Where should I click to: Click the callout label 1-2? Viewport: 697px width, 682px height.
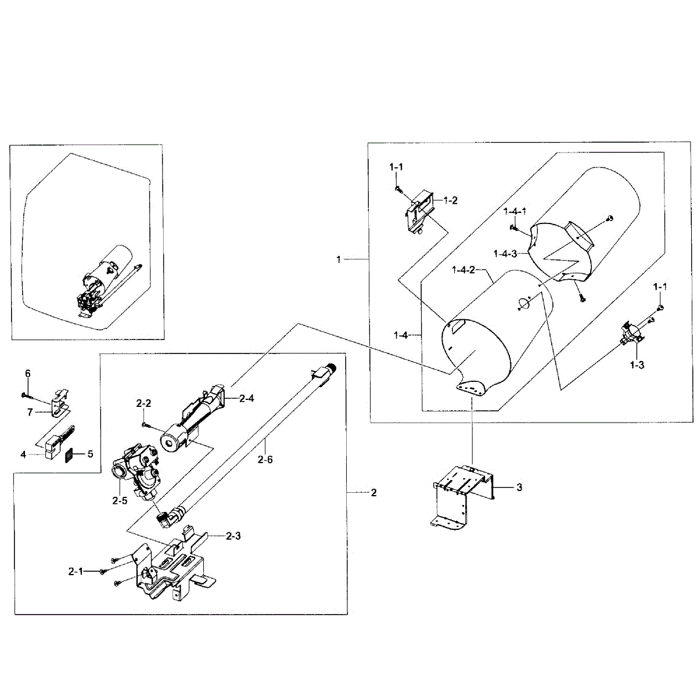pos(450,201)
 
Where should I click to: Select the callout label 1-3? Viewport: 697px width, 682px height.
pos(637,365)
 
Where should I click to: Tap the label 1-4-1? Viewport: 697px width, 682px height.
pos(515,211)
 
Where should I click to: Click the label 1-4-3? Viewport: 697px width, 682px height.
pos(505,253)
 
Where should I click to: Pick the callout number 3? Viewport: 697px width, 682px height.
pos(519,488)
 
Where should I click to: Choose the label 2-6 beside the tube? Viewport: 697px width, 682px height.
pos(265,459)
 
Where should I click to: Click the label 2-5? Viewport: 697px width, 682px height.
pos(119,501)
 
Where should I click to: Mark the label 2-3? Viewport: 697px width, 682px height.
pos(233,536)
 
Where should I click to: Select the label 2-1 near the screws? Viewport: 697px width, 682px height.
pos(76,571)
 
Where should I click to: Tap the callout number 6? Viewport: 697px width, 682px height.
pos(27,373)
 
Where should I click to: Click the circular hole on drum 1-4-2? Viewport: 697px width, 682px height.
pos(523,303)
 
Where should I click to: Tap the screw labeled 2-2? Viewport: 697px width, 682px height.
pos(145,424)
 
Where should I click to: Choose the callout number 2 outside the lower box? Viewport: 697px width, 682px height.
pos(373,493)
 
